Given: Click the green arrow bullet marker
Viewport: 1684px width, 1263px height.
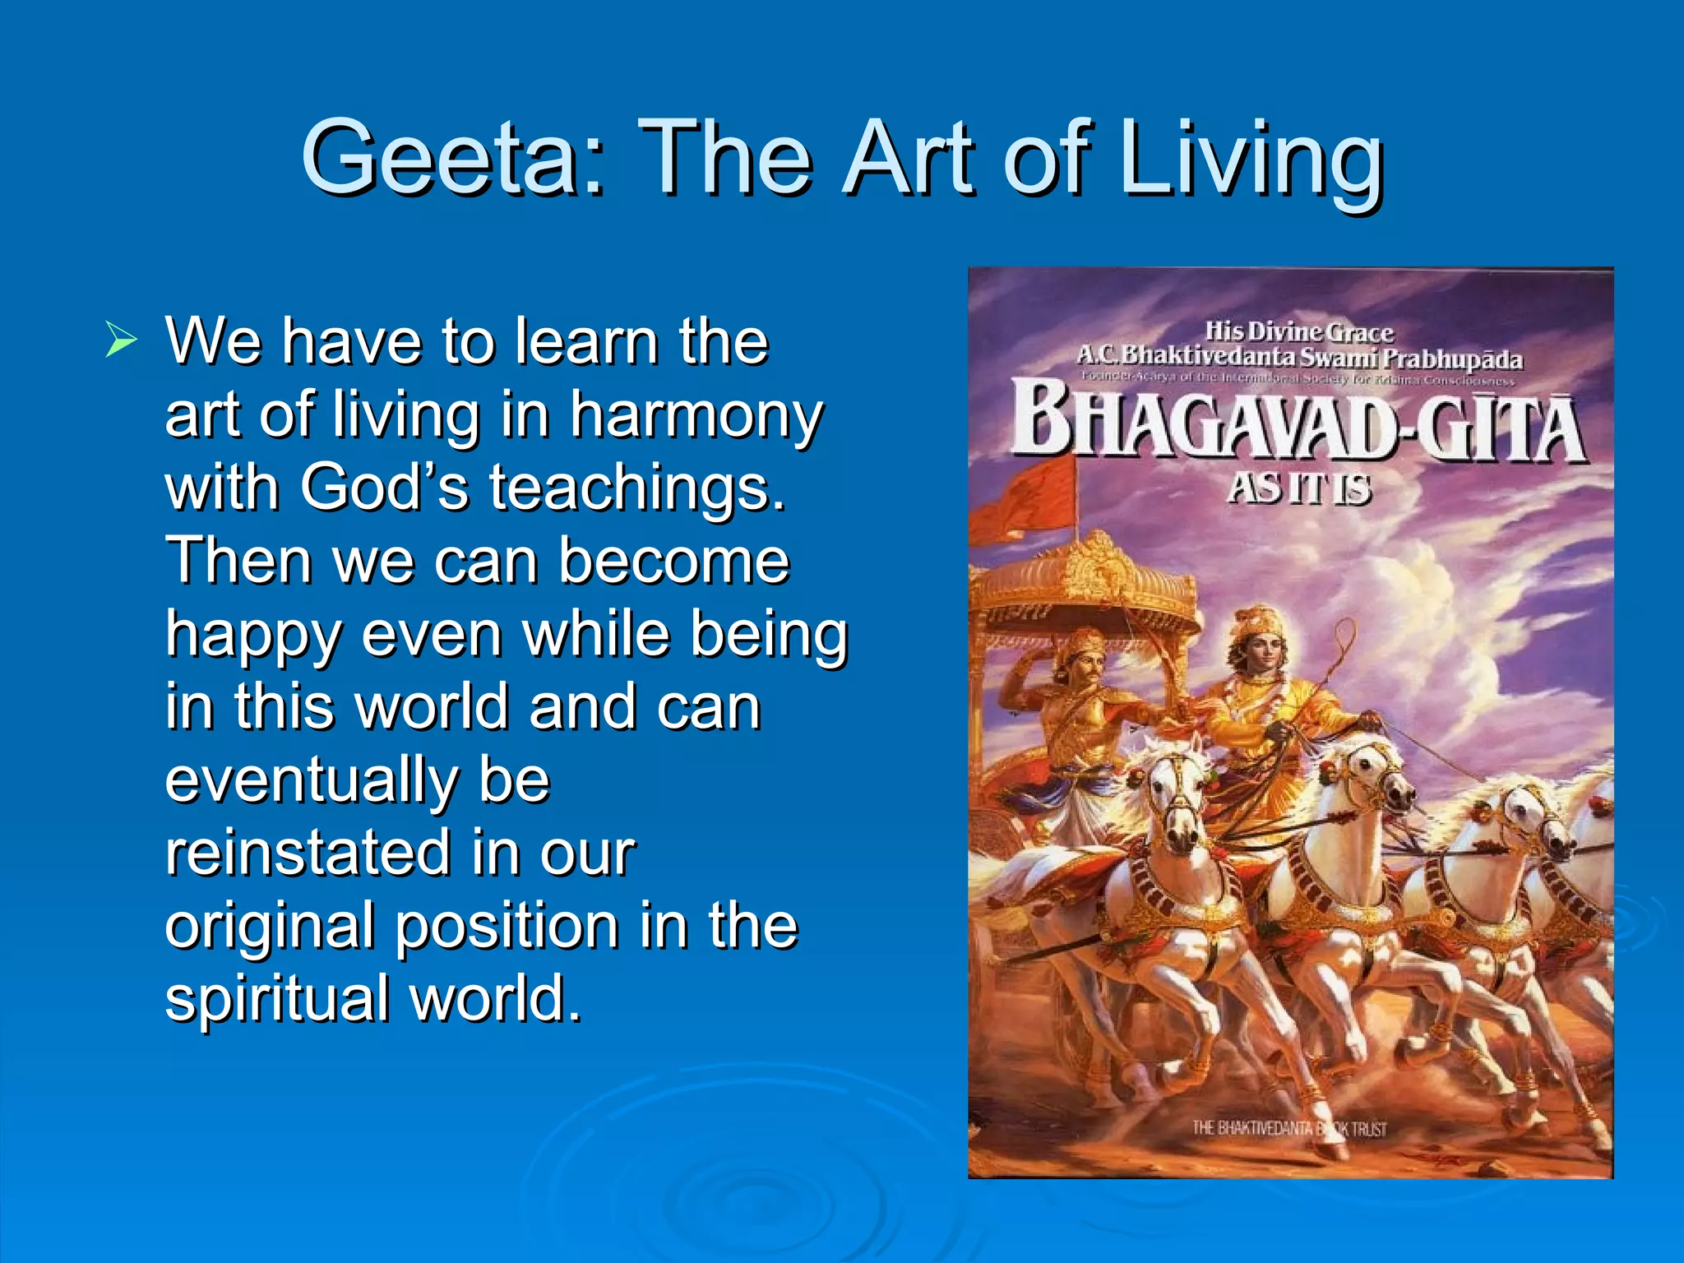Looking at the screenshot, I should (120, 340).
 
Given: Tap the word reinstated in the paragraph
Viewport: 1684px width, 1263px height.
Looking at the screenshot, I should (308, 853).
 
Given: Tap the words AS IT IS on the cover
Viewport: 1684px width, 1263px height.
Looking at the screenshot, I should (1299, 488).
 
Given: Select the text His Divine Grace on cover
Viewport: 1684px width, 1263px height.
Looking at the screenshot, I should (1299, 332).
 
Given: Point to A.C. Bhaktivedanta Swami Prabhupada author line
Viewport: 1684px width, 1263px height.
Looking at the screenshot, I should (1299, 358).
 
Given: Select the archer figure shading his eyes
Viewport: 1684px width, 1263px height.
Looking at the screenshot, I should (1077, 699).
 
